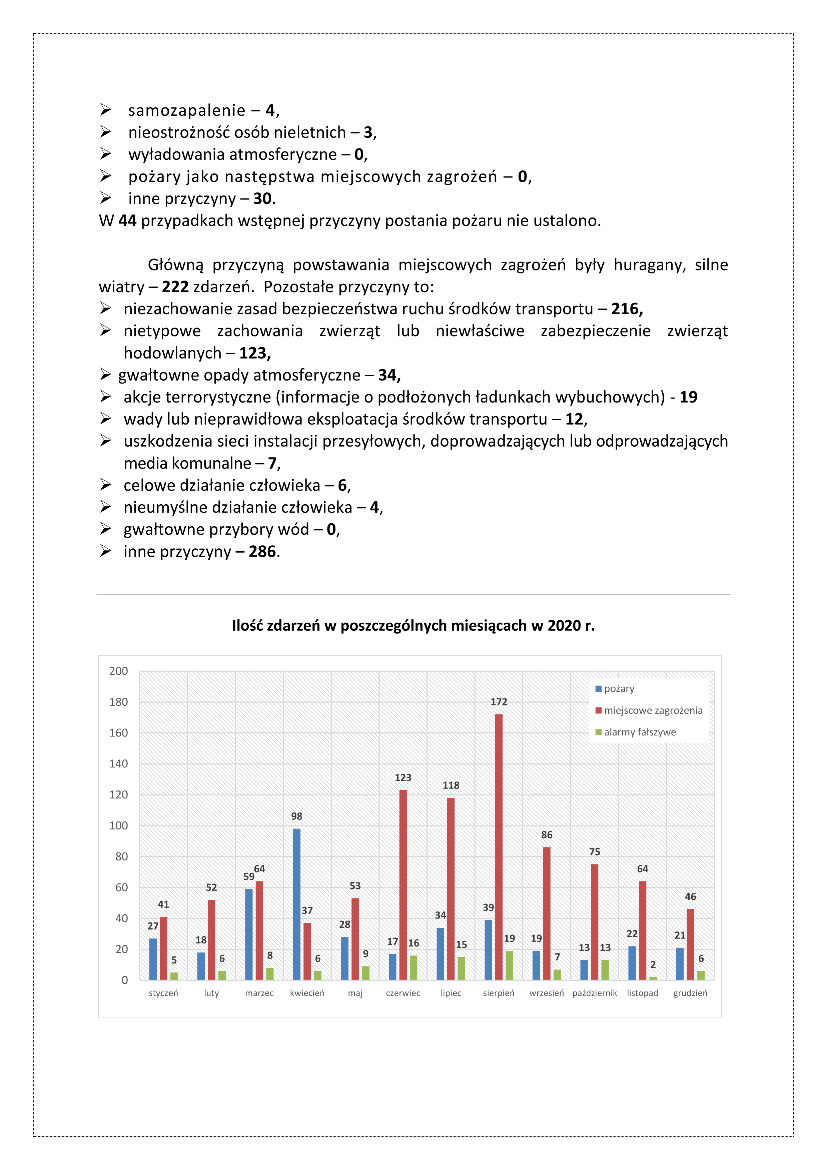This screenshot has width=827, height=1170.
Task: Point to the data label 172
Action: tap(499, 702)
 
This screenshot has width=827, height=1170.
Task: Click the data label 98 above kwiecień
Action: tap(296, 816)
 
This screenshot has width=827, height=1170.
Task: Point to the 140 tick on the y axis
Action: tap(119, 763)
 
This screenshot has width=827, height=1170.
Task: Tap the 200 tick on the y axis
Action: tap(119, 671)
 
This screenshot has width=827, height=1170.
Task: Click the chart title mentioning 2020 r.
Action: tap(413, 626)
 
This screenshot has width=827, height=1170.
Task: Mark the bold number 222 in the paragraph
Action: tap(175, 287)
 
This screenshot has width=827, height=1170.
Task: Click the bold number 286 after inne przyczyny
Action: tap(262, 551)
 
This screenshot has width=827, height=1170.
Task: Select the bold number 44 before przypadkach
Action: tap(127, 221)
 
